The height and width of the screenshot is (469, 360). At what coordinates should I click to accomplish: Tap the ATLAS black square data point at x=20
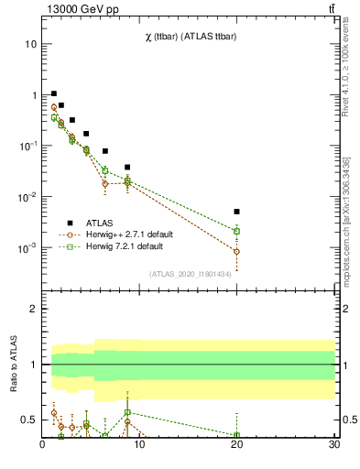coord(236,212)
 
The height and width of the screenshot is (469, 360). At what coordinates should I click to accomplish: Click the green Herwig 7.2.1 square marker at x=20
coord(236,231)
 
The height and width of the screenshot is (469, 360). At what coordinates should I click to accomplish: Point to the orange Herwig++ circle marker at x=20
coord(236,251)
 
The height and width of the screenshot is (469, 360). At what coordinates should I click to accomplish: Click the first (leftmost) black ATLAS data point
coord(54,93)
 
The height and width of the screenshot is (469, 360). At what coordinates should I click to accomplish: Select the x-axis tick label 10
coord(139,446)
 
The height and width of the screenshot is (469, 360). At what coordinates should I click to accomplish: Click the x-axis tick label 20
coord(236,446)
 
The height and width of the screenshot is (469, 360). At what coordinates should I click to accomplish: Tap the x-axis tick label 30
coord(333,446)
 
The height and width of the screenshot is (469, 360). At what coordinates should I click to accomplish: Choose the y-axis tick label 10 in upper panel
coord(30,44)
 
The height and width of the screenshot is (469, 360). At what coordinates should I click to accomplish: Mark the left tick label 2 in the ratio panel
coord(34,310)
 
